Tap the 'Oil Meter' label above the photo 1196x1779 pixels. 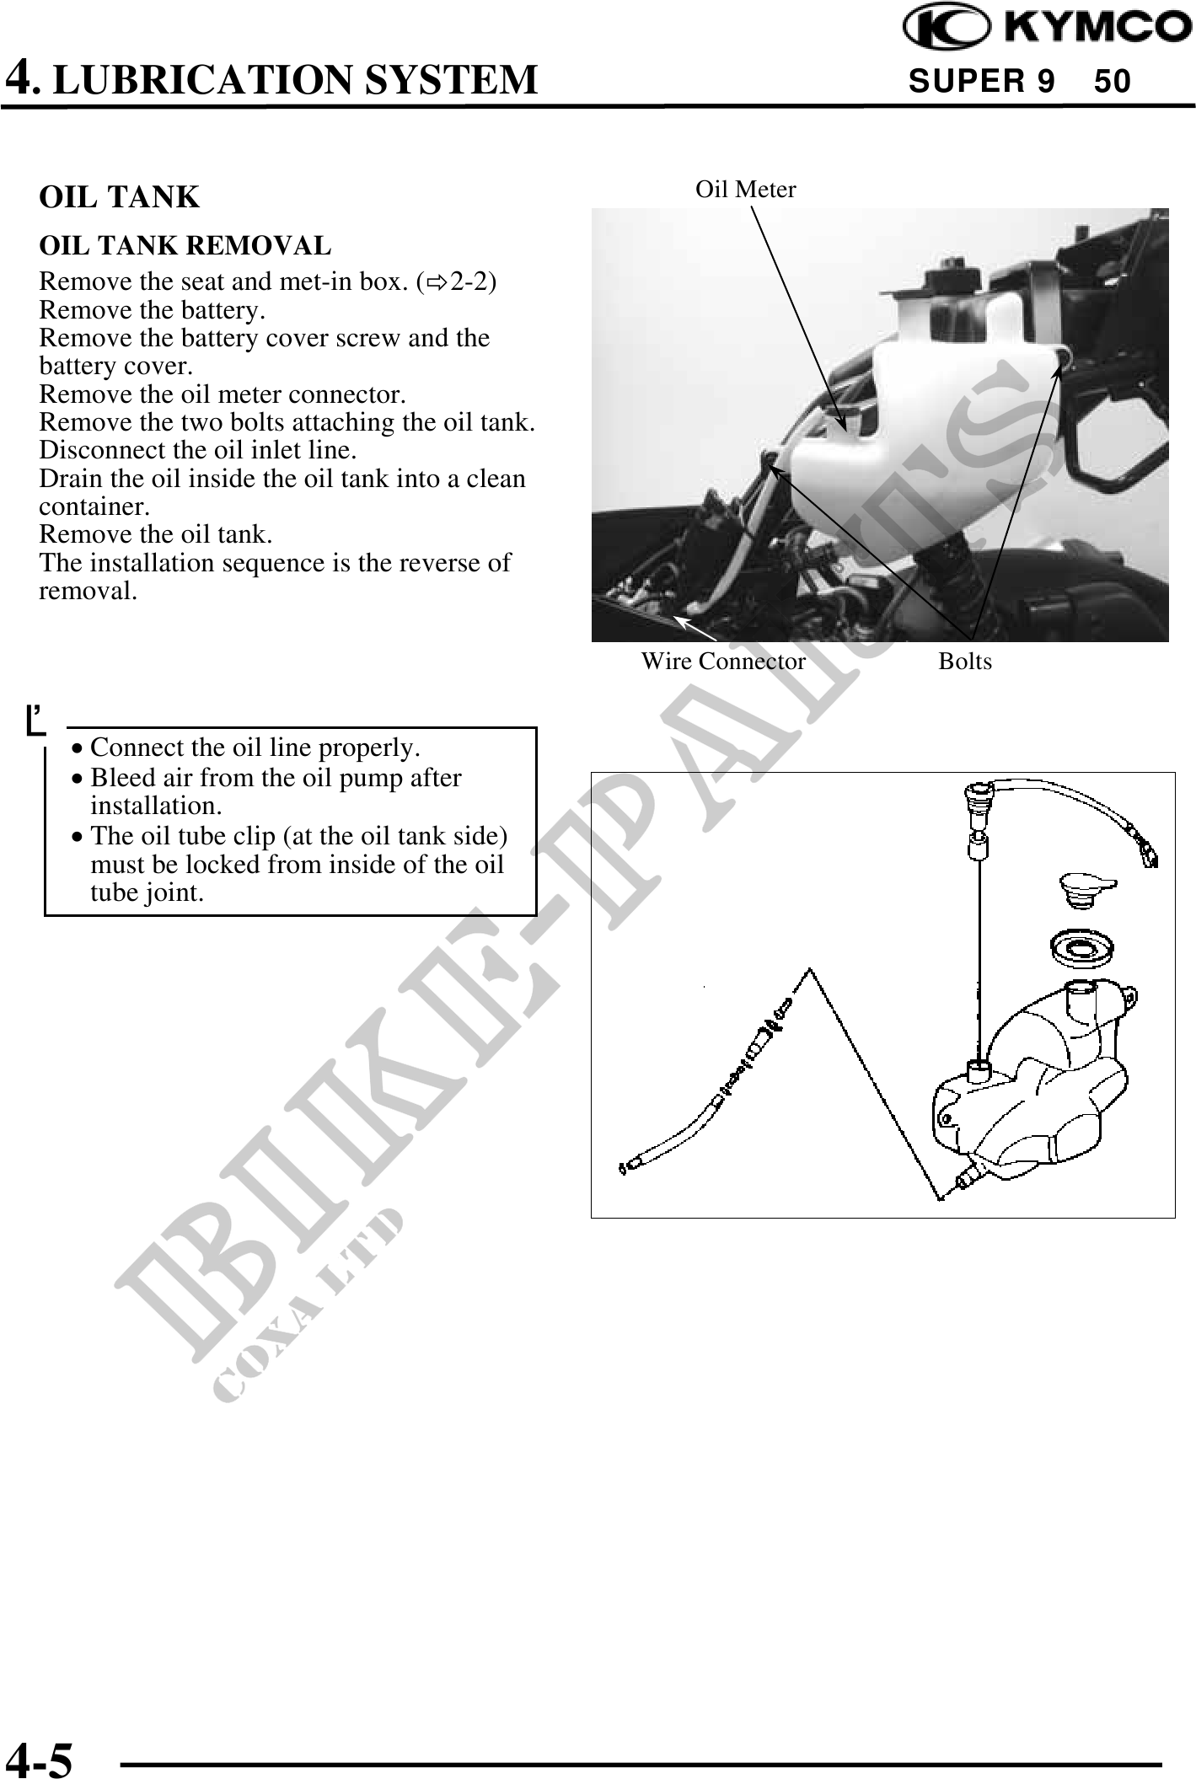pyautogui.click(x=745, y=190)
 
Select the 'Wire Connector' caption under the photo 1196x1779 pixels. pyautogui.click(x=723, y=662)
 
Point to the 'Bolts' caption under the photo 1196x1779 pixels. pyautogui.click(x=965, y=662)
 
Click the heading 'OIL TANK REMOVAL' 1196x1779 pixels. pyautogui.click(x=185, y=246)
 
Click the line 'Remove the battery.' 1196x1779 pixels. pyautogui.click(x=153, y=310)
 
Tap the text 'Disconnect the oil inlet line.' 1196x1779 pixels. pyautogui.click(x=197, y=450)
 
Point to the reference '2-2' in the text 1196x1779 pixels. pyautogui.click(x=467, y=281)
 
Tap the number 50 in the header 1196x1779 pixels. pyautogui.click(x=1113, y=82)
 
